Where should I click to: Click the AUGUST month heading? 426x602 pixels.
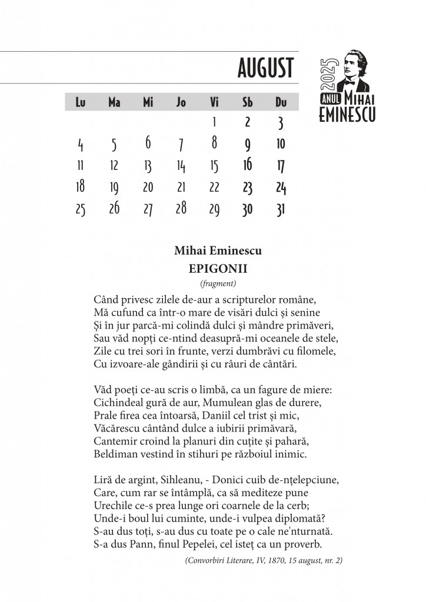click(x=265, y=68)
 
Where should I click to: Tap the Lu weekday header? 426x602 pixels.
click(x=81, y=102)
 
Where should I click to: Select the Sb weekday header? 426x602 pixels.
click(x=248, y=102)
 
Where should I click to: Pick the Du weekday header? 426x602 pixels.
click(x=281, y=102)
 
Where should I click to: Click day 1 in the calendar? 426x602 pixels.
click(x=214, y=122)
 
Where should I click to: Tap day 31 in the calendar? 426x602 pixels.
click(x=281, y=209)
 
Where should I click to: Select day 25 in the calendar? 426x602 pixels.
click(x=81, y=209)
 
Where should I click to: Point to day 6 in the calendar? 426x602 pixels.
click(x=148, y=143)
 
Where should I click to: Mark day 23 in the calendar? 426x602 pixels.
click(x=248, y=188)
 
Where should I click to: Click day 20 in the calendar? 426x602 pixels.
click(x=148, y=188)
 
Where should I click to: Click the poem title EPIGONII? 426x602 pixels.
click(x=218, y=269)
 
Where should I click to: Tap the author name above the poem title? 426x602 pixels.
click(x=218, y=251)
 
